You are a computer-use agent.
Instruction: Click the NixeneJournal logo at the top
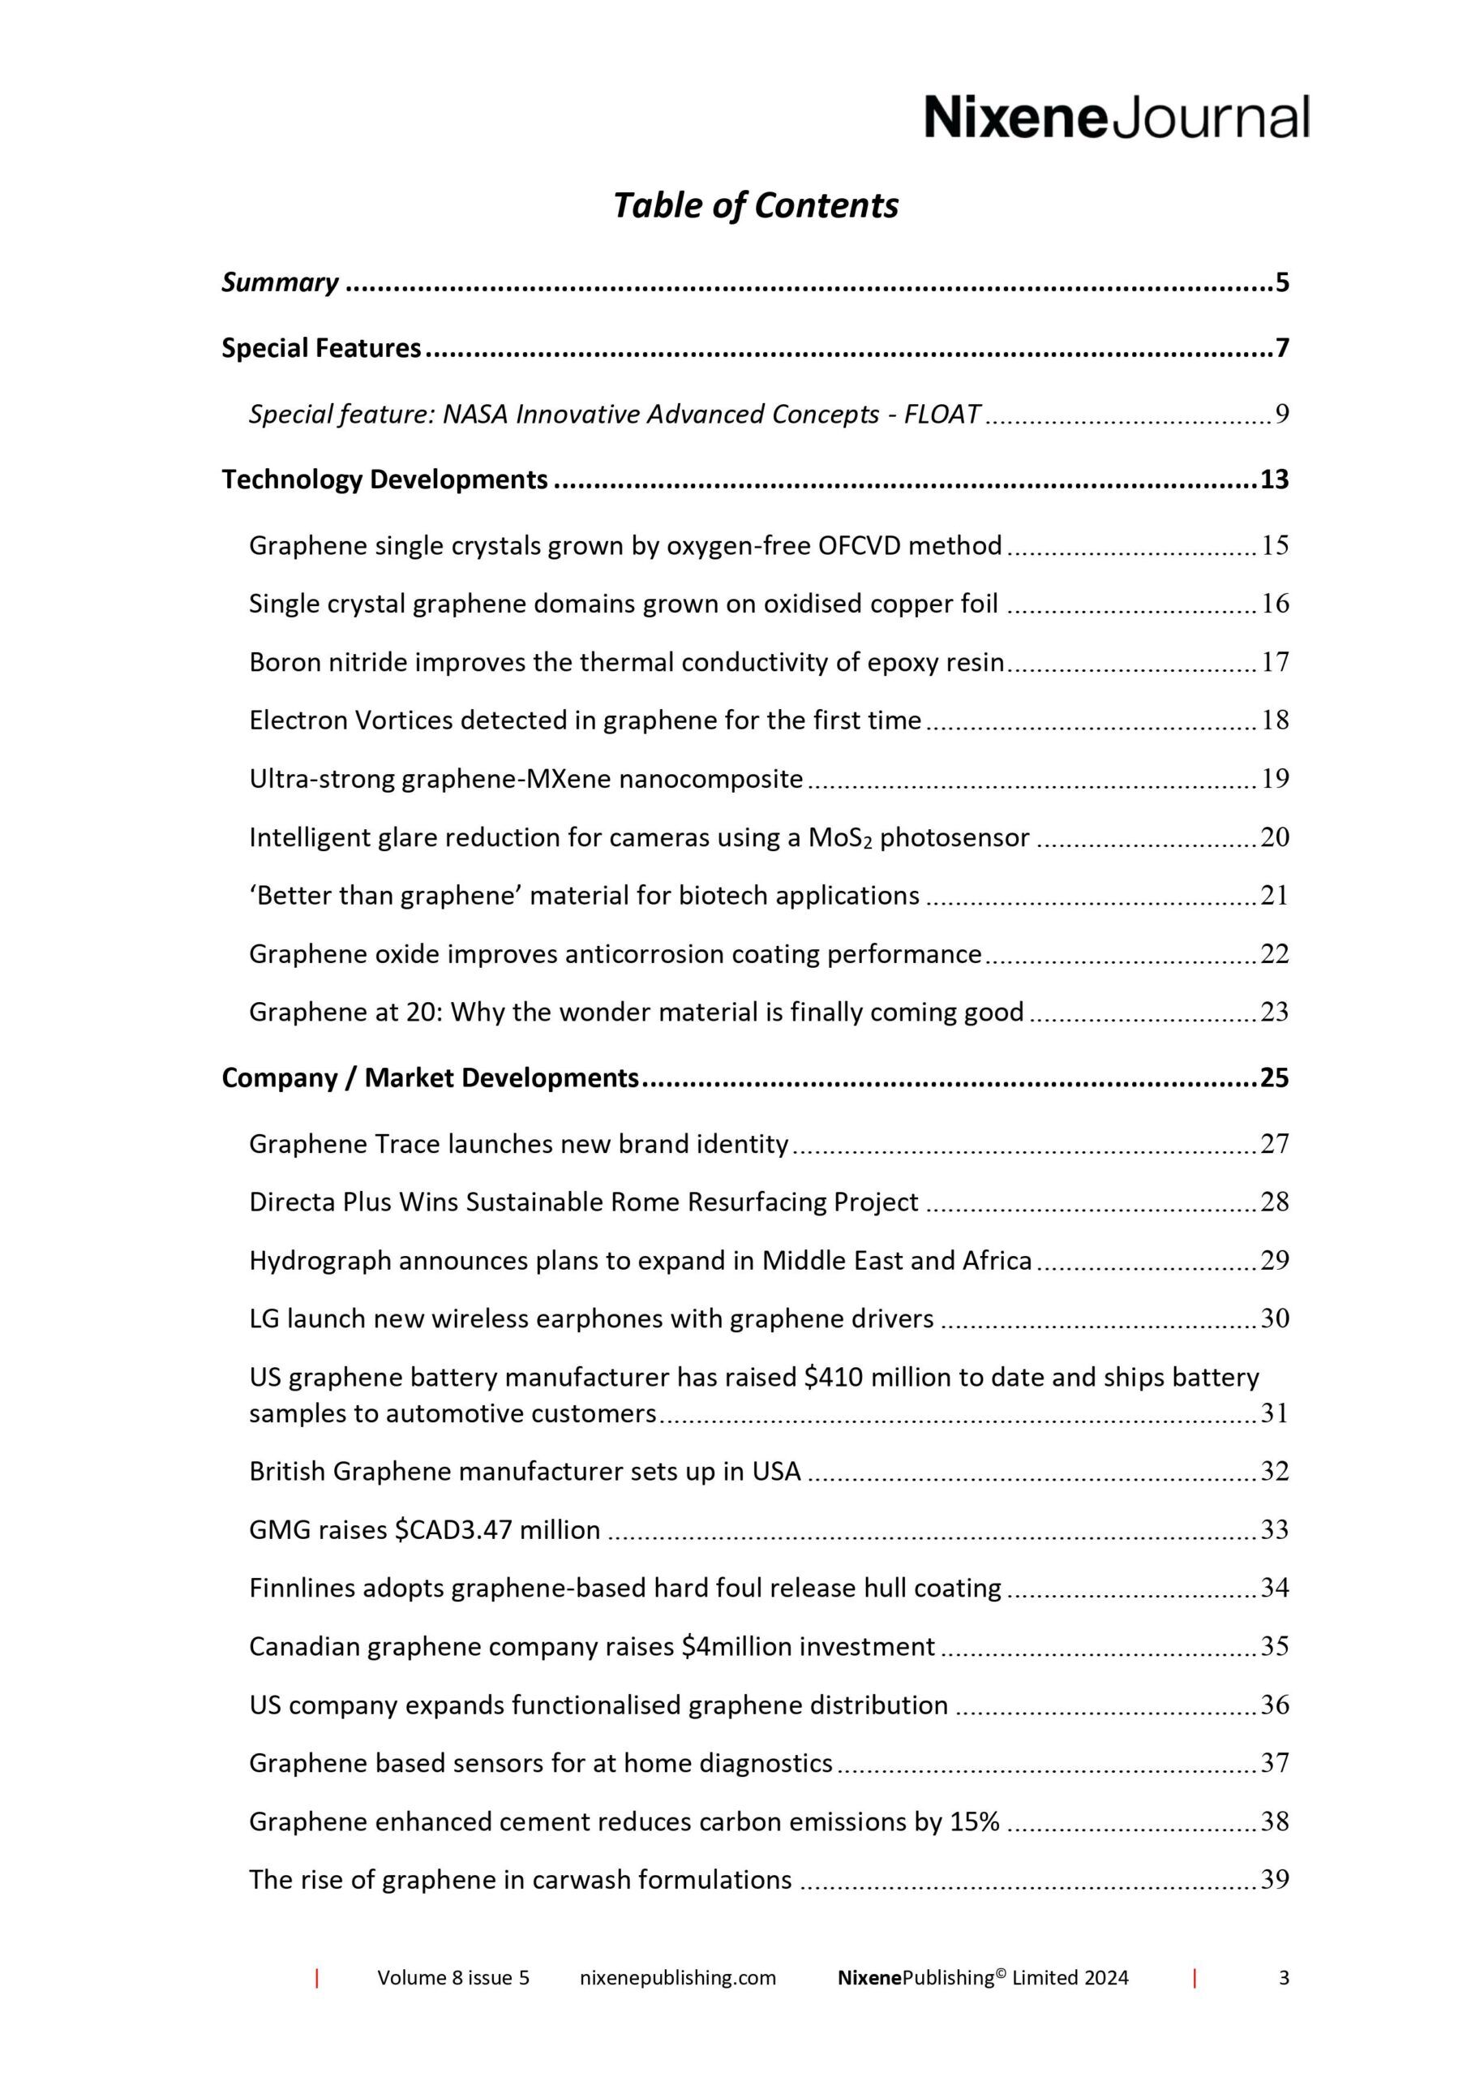click(1116, 118)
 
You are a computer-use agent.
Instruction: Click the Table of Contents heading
click(755, 205)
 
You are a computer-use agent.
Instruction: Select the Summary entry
click(281, 282)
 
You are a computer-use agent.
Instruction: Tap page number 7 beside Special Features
click(1281, 348)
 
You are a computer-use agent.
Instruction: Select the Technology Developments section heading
click(384, 479)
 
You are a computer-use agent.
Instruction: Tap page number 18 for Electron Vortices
click(1274, 720)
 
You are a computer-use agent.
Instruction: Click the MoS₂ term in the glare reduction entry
click(840, 837)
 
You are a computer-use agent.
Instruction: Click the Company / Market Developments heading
click(431, 1077)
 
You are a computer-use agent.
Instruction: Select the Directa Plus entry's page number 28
click(1274, 1202)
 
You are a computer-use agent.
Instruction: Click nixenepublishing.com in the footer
click(677, 2003)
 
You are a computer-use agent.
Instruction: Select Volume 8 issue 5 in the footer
click(453, 2003)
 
